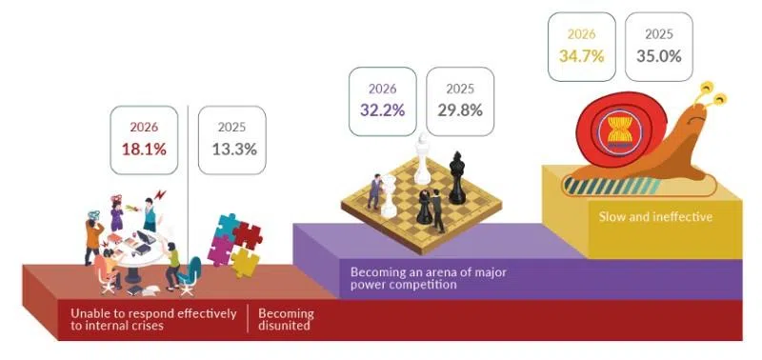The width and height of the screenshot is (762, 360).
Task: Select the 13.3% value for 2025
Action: pos(236,150)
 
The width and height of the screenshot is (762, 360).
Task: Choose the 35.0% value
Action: pos(659,56)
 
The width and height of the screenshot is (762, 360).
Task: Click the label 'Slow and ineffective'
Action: pos(655,217)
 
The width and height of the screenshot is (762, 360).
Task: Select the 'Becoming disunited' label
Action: pos(286,320)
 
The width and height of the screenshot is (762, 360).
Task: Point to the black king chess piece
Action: pos(457,178)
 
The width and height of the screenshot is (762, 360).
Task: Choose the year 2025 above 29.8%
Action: pos(460,89)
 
